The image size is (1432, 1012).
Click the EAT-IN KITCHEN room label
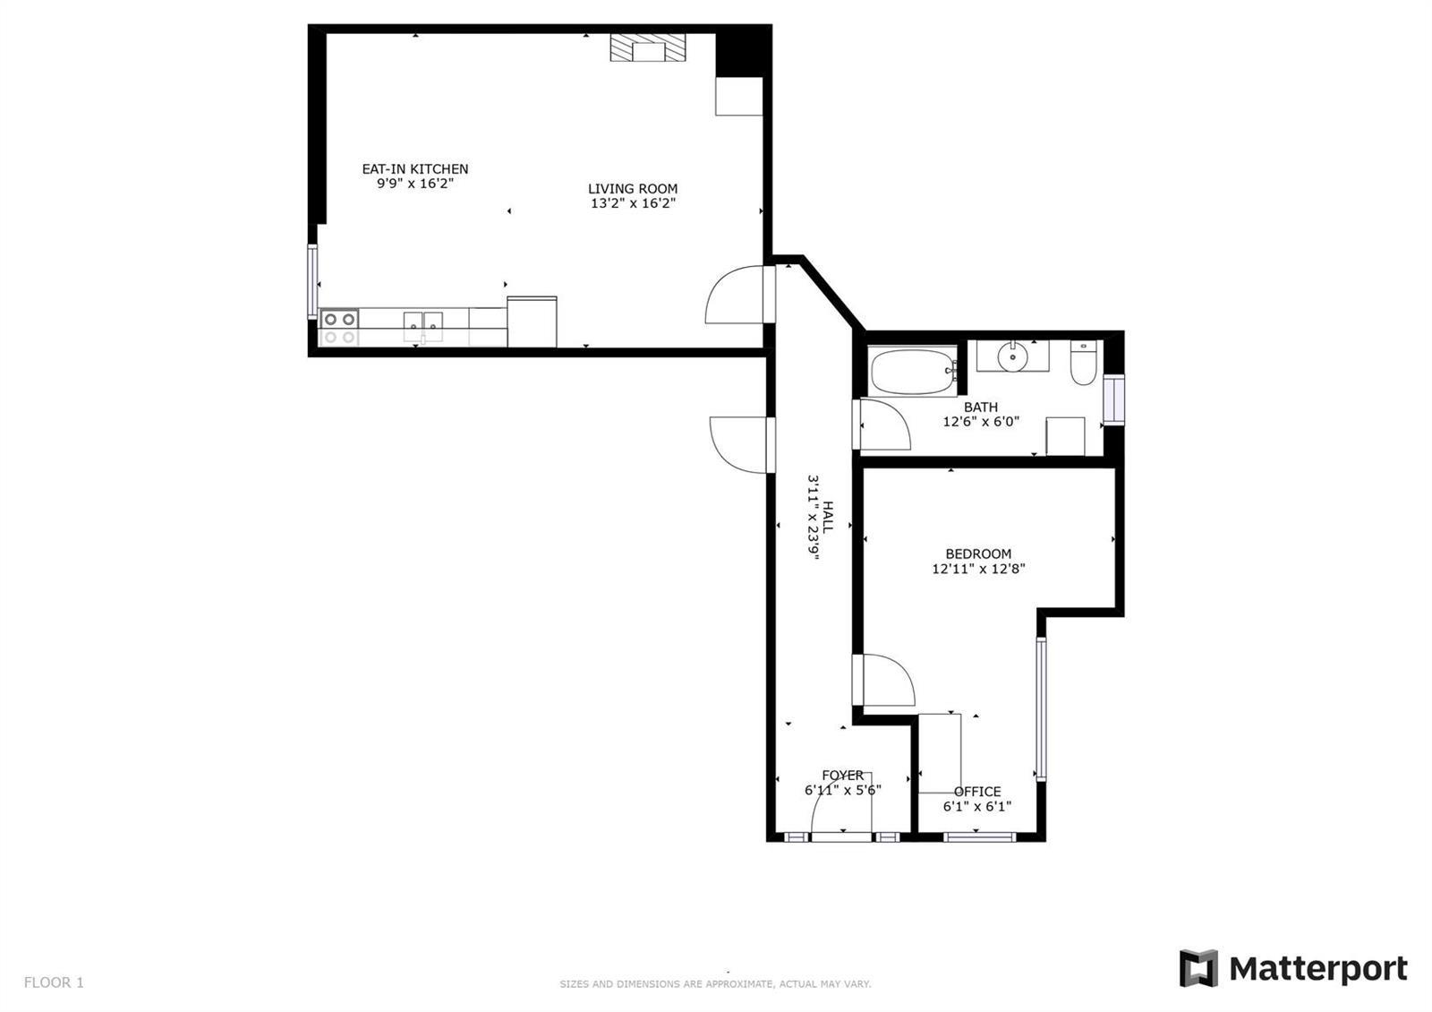tap(415, 169)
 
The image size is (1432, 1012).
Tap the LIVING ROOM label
tap(633, 189)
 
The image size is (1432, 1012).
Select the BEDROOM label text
tap(978, 554)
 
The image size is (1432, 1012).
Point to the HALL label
tap(828, 518)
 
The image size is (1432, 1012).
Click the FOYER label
tap(842, 776)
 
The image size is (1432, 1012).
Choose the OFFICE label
tap(977, 792)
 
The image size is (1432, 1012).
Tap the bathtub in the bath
tap(913, 372)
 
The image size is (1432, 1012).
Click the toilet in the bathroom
tap(1084, 363)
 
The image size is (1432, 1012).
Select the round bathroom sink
tap(1012, 356)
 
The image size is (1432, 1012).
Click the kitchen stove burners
tap(339, 328)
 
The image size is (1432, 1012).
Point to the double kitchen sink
tap(422, 327)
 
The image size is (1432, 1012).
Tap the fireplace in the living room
tap(648, 48)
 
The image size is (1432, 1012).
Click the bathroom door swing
tap(885, 425)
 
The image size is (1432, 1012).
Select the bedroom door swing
tap(889, 681)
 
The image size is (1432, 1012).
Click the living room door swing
tap(734, 295)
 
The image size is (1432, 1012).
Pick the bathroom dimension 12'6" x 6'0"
tap(981, 422)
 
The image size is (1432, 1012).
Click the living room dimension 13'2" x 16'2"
tap(633, 203)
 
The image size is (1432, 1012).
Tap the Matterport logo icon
tap(1198, 968)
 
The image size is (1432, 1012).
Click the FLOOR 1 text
tap(54, 982)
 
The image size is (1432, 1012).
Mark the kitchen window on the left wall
tap(312, 281)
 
